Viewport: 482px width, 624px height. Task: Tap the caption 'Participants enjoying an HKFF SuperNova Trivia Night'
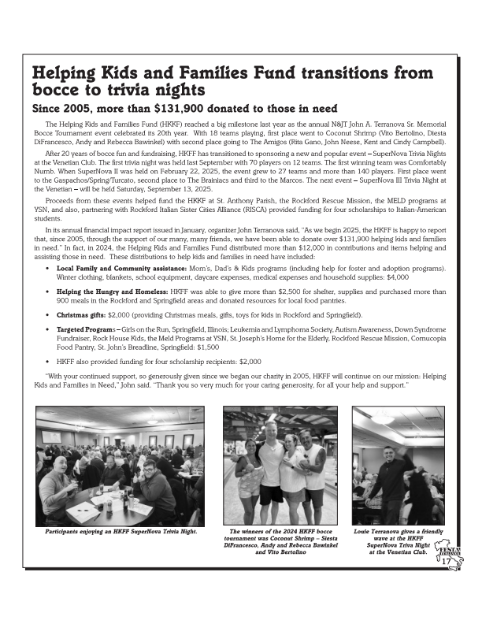[x=120, y=532]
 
